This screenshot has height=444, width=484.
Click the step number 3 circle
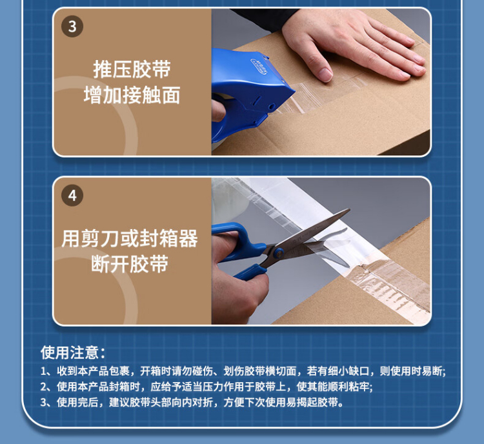[72, 26]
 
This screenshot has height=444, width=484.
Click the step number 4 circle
[72, 196]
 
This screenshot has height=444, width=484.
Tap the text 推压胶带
[132, 69]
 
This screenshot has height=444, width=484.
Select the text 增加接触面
[132, 95]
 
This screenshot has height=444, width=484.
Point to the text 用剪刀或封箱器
[130, 238]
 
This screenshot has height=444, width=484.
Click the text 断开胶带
[130, 264]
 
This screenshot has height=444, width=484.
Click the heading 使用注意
[73, 352]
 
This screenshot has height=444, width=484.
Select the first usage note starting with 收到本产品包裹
[243, 371]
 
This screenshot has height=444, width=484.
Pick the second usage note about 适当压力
[207, 387]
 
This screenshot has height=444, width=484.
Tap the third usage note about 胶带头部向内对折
[192, 402]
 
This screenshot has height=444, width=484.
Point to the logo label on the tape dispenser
[259, 66]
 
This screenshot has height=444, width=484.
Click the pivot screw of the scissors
[279, 253]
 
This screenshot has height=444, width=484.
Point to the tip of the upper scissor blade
[349, 210]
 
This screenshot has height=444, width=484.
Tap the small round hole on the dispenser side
[272, 106]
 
